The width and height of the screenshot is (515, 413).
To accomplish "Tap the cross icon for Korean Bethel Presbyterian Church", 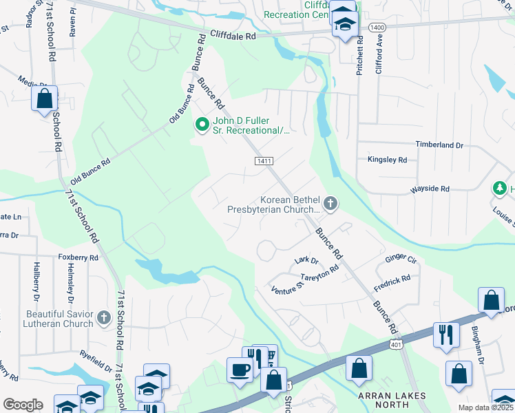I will tap(331, 203).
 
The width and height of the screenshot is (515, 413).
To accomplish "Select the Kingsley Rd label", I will tap(388, 160).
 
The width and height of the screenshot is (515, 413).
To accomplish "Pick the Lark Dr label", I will tap(306, 261).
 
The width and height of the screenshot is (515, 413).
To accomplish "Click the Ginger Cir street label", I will tap(402, 259).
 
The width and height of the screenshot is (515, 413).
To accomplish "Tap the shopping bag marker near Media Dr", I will tap(44, 98).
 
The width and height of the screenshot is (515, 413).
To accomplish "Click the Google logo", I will tap(23, 405).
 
